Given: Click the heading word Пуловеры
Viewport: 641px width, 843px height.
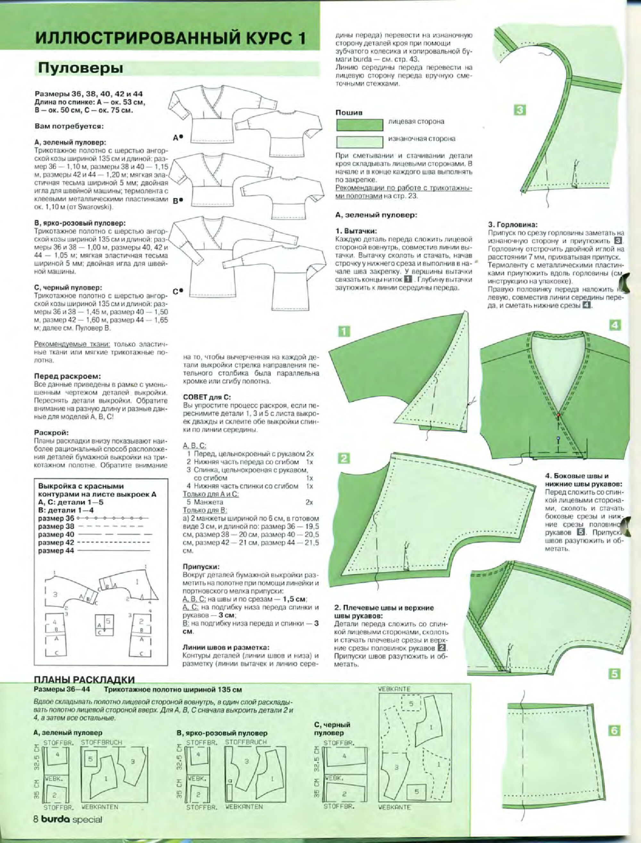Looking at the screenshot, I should pos(80,69).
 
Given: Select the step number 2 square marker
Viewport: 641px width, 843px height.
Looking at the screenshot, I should pos(344,458).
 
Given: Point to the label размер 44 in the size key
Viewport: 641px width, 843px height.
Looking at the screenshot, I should pos(56,550).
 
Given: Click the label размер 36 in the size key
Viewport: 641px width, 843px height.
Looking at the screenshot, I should pos(56,518).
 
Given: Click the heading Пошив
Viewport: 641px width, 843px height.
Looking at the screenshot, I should pos(349,112).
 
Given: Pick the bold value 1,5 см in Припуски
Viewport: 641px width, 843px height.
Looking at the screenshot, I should pos(295,599).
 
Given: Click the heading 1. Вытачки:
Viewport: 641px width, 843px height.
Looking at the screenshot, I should pos(356,231).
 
